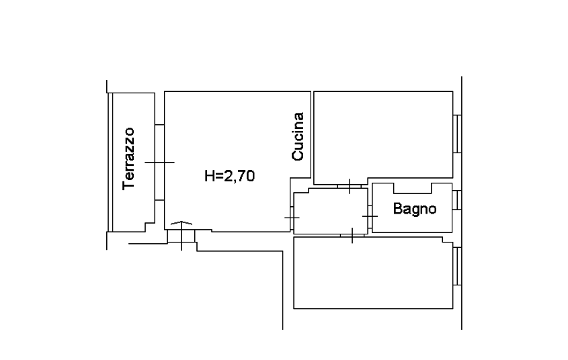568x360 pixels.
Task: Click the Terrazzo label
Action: pos(128,159)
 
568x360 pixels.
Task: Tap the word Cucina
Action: pos(298,136)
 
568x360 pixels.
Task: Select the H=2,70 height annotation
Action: pos(230,176)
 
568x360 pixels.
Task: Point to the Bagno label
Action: pos(415,209)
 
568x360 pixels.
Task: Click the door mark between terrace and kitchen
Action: pos(159,163)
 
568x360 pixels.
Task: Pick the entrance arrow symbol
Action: pos(181,223)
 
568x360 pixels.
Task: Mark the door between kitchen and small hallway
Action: pos(292,218)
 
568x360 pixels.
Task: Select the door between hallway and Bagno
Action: pos(370,216)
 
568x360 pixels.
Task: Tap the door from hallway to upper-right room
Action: pos(350,186)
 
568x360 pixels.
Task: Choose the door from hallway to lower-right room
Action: pos(352,236)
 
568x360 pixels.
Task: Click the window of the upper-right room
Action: pos(457,134)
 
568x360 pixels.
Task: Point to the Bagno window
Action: pos(457,200)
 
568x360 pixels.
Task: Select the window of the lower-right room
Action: pos(457,266)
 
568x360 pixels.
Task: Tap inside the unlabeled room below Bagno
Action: pos(373,273)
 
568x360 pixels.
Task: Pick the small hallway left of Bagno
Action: pos(331,212)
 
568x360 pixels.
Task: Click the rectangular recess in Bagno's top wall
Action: pos(412,188)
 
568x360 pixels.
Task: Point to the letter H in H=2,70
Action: pos(209,176)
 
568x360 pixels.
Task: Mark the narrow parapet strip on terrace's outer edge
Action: pos(110,162)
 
